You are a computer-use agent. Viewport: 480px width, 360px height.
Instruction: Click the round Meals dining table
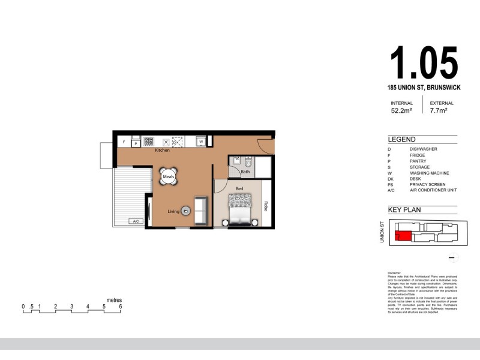[168, 176]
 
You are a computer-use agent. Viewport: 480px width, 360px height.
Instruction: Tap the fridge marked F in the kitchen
[124, 143]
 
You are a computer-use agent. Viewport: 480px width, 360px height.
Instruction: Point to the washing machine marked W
[202, 142]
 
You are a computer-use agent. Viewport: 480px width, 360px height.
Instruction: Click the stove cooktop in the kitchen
[148, 142]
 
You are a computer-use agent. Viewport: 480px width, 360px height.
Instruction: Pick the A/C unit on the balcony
[136, 221]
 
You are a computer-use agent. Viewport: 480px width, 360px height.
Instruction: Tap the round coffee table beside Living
[186, 211]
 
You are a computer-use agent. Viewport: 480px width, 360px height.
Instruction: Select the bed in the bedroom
[241, 209]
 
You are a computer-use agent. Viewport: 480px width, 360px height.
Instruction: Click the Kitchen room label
[162, 150]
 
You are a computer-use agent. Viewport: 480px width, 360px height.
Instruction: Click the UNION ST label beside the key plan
[382, 232]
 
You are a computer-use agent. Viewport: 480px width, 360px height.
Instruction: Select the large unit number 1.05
[424, 62]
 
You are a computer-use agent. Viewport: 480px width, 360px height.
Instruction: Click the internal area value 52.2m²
[401, 111]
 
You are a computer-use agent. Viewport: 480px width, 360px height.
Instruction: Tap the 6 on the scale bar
[121, 307]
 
